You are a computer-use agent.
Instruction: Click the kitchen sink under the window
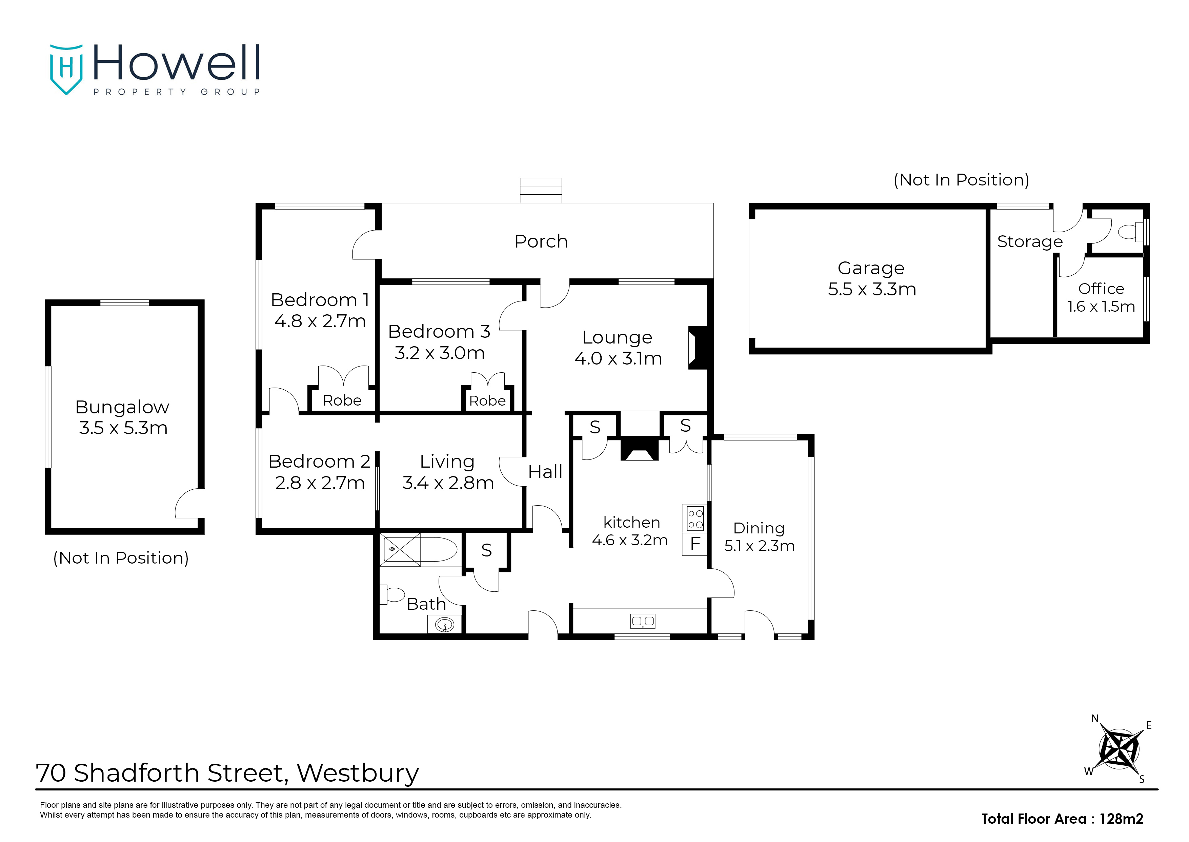tap(642, 621)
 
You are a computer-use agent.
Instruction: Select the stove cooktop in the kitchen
tap(695, 518)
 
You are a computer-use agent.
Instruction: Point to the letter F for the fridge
tap(695, 543)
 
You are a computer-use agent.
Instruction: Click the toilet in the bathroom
tap(392, 594)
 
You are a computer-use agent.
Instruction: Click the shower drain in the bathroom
tap(392, 549)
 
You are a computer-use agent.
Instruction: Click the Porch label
tap(541, 241)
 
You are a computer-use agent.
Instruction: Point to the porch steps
tap(541, 190)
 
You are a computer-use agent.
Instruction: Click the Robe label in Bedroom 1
tap(342, 400)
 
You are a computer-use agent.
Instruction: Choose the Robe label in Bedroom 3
tap(487, 401)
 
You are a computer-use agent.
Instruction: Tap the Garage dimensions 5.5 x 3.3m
tap(872, 289)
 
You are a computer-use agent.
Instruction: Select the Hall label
tap(545, 472)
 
